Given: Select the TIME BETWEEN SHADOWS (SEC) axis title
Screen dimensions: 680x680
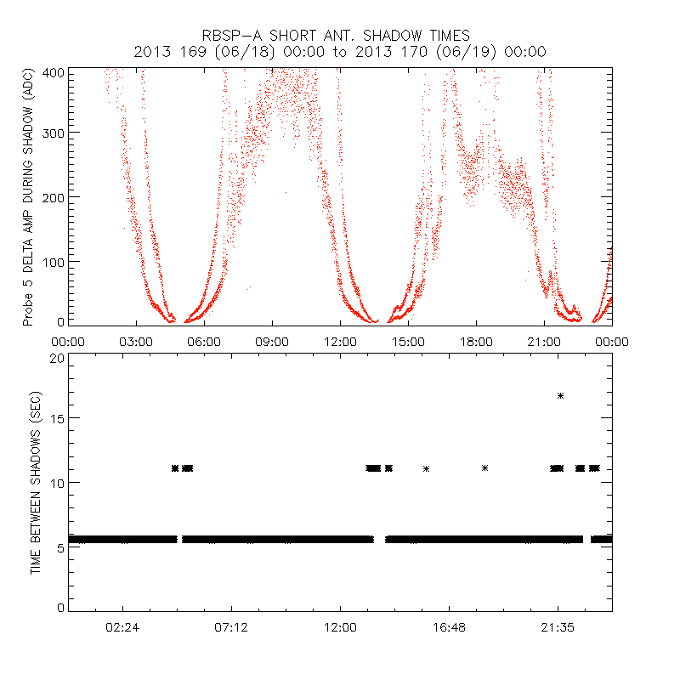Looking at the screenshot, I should (36, 482).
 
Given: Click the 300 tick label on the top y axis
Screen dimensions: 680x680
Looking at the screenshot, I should (54, 133).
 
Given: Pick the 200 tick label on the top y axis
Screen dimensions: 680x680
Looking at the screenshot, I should (54, 197).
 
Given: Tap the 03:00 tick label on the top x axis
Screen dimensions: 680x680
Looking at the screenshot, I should (136, 342).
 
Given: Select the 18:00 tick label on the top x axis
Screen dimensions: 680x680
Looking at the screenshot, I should (476, 342).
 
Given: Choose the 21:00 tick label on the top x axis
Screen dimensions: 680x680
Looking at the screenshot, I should (544, 342).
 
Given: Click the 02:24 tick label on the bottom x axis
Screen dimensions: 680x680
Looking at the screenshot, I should (123, 627).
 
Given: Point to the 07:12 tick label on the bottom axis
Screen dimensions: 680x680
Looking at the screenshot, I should (231, 627).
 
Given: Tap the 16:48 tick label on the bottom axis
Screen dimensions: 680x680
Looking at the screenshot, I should (449, 627).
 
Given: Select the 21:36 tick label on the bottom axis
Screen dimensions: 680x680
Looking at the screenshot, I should (558, 627).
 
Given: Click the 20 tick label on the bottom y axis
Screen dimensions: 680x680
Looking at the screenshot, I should (57, 358).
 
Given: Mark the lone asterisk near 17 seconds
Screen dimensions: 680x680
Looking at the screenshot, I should (560, 395).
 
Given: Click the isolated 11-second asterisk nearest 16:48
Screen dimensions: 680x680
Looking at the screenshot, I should (426, 468).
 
